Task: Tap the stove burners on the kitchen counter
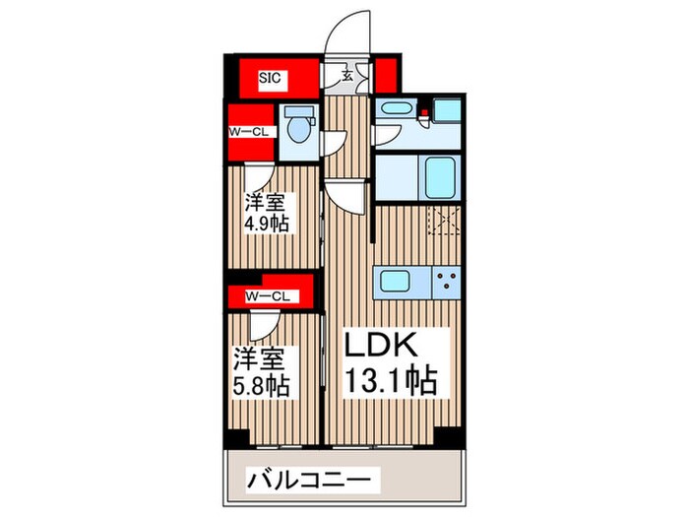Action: point(448,281)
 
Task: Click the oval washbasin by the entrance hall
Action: point(398,110)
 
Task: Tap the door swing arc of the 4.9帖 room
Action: point(259,177)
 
